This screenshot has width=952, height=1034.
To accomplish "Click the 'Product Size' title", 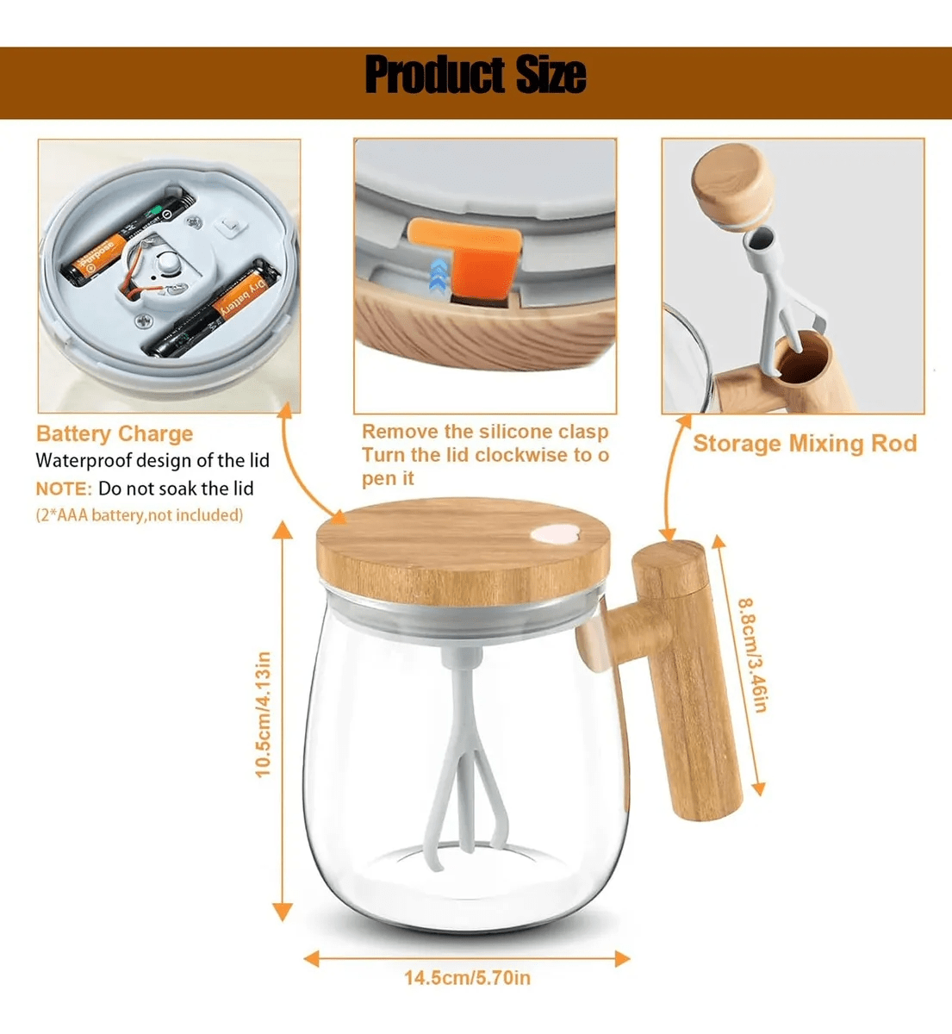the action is click(x=476, y=75).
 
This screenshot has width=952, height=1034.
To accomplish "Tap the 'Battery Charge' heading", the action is click(x=115, y=434).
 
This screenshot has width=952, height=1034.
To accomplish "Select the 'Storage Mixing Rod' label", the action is click(x=805, y=443).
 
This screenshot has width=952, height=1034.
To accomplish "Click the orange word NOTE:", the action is click(x=64, y=489).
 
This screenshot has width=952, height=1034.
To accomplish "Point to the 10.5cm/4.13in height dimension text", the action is click(x=263, y=714).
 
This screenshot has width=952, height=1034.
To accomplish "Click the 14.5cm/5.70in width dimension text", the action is click(x=467, y=978).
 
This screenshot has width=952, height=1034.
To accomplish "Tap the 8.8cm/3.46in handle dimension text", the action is click(x=753, y=656).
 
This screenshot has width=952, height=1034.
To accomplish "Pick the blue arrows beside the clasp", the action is click(x=439, y=276).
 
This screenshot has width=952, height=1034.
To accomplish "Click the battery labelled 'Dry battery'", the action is click(x=213, y=310).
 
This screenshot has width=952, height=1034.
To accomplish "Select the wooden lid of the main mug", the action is click(x=463, y=551).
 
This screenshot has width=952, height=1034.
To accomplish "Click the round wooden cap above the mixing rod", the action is click(x=732, y=184).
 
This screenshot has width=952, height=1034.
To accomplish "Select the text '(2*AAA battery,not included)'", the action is click(x=140, y=515).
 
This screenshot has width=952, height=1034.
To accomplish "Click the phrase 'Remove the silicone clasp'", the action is click(x=485, y=432).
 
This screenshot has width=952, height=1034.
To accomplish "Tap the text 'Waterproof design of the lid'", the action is click(x=152, y=460).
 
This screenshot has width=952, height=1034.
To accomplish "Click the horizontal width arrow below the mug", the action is click(x=467, y=959).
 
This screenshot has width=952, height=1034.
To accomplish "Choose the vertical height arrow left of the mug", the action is click(x=283, y=721).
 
